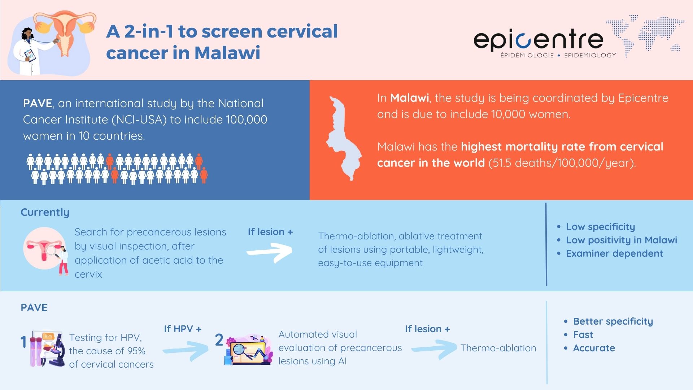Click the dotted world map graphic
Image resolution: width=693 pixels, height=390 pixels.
point(646,34)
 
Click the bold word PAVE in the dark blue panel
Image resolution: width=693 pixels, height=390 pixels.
point(38,103)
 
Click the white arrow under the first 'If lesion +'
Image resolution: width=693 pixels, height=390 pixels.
point(270,252)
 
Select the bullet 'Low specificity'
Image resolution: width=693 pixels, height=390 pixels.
point(600,227)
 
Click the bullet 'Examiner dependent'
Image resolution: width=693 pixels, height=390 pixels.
point(614,253)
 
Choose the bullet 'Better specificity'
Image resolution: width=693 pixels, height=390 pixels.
point(613,321)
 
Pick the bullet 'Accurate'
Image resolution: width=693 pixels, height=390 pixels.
point(594,348)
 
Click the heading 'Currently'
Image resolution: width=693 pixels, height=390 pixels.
point(45,212)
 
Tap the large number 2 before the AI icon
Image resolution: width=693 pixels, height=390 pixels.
point(219,340)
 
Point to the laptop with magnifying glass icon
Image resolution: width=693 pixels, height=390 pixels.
point(248,350)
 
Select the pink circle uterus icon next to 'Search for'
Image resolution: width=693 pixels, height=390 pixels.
point(44,248)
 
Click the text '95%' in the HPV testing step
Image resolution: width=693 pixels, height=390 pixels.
point(136,351)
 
